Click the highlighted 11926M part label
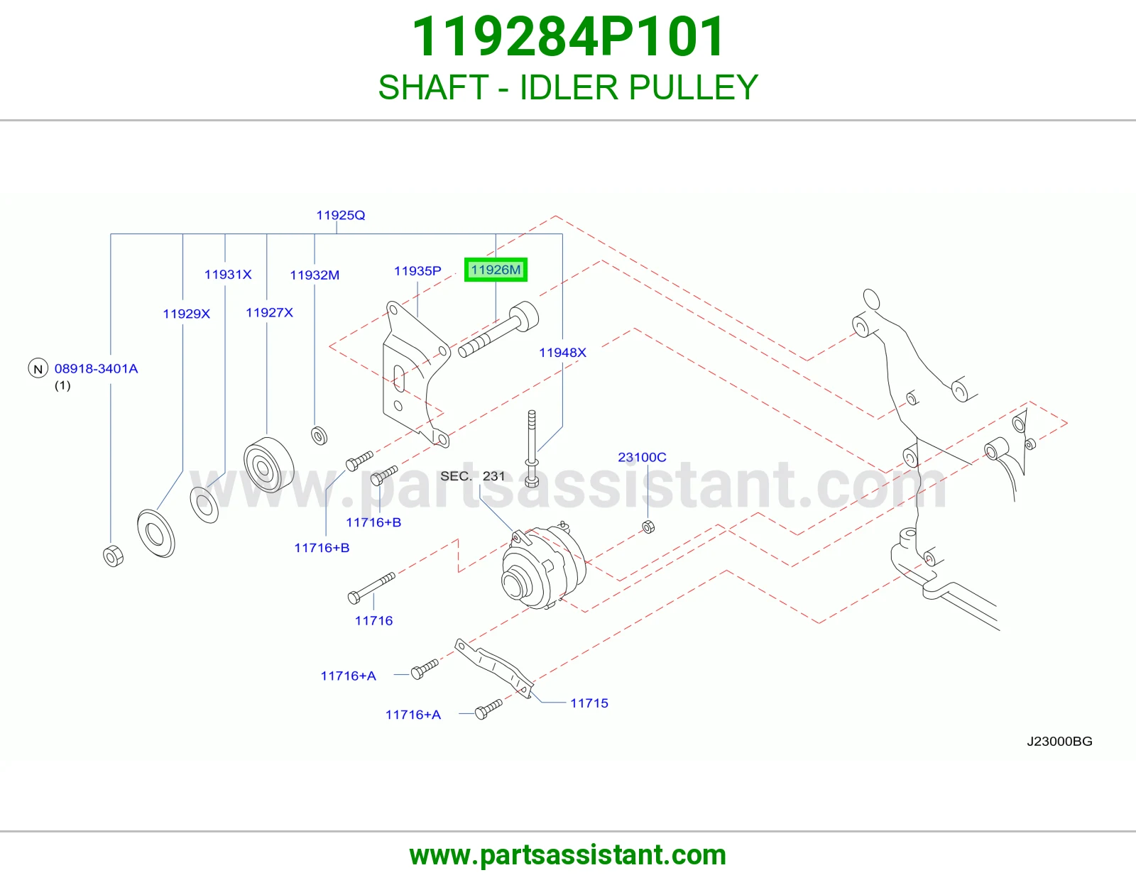tap(496, 270)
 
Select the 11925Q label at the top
tap(340, 215)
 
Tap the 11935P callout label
tap(417, 270)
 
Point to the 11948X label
tap(562, 353)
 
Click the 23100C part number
tap(642, 457)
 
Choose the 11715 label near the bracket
tap(589, 703)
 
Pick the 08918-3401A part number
tap(96, 368)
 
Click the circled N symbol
tap(38, 368)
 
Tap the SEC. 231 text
tap(473, 476)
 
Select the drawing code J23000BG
tap(1059, 742)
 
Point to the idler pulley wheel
tap(268, 465)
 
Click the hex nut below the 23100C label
tap(648, 527)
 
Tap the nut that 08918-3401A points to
tap(113, 556)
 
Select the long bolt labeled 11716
tap(371, 588)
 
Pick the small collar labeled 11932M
tap(319, 435)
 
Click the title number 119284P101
tap(568, 37)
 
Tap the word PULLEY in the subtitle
tap(693, 87)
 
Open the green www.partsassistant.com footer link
tap(568, 855)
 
